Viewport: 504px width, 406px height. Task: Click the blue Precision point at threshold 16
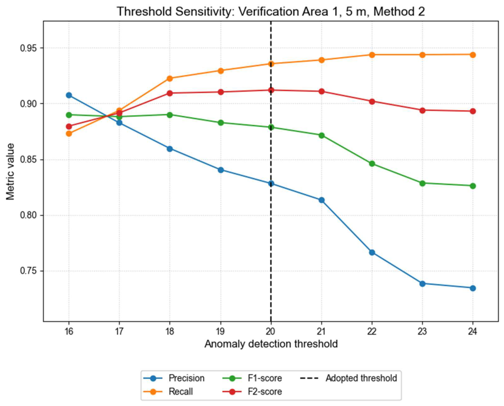click(x=69, y=95)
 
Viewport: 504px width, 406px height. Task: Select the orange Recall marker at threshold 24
click(x=473, y=55)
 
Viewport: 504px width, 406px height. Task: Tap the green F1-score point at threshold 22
click(x=372, y=164)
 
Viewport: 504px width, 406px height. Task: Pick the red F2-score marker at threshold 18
click(x=170, y=93)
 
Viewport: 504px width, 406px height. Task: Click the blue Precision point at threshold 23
click(x=422, y=283)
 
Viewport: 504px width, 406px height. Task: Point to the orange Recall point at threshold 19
click(x=221, y=71)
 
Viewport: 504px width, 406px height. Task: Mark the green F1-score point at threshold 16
click(x=69, y=115)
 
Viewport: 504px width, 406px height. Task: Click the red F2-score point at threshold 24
click(x=473, y=111)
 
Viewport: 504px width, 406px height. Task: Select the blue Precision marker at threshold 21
click(x=321, y=200)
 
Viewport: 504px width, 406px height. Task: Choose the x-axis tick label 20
click(x=270, y=332)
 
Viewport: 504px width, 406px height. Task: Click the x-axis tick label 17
click(x=119, y=332)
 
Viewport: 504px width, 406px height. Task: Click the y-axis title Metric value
click(x=10, y=171)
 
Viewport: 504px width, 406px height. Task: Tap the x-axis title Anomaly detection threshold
click(x=270, y=344)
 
